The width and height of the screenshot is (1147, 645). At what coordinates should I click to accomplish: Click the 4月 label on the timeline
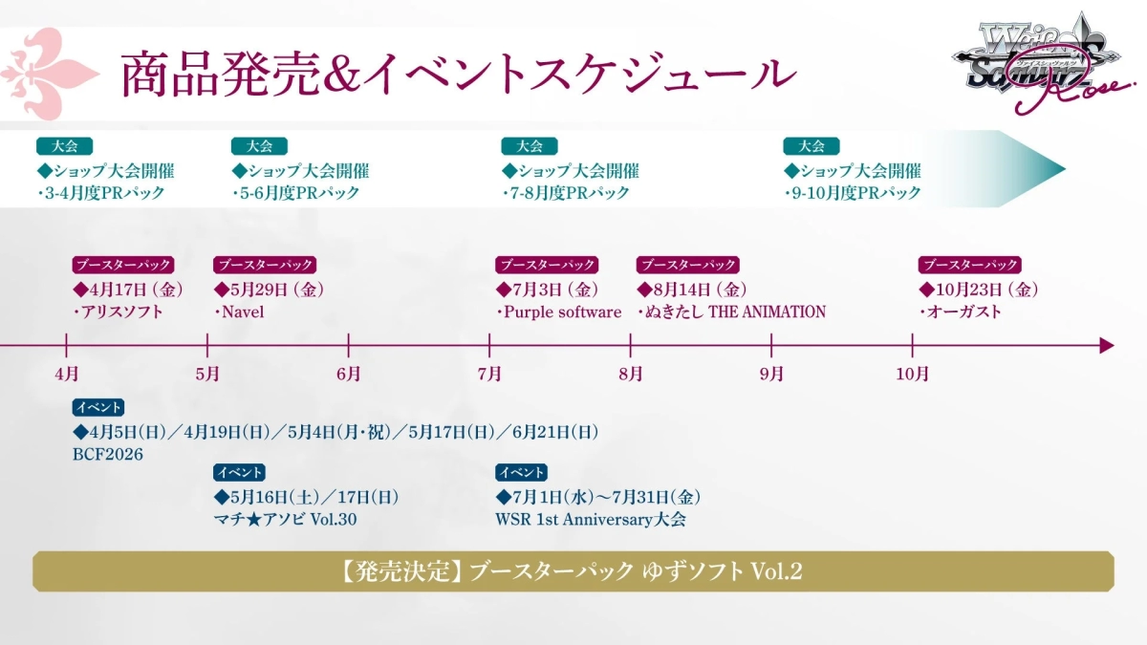[66, 374]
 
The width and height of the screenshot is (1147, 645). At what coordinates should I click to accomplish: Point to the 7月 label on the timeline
[489, 374]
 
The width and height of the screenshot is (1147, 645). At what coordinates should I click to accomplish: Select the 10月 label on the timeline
[912, 374]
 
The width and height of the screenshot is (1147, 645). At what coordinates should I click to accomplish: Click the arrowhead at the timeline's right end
[1106, 345]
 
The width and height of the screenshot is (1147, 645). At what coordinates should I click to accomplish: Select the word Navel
[244, 312]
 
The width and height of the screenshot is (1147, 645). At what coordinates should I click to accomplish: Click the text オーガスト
[964, 312]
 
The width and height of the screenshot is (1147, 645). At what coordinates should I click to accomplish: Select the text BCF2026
[108, 455]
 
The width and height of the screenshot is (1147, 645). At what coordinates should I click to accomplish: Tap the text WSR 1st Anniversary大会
[590, 520]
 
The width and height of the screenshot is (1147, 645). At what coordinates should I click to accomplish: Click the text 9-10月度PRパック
[856, 193]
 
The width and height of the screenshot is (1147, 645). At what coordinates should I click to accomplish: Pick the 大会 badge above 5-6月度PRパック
[259, 146]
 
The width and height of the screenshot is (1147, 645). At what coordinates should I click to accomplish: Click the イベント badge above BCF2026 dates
[97, 408]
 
